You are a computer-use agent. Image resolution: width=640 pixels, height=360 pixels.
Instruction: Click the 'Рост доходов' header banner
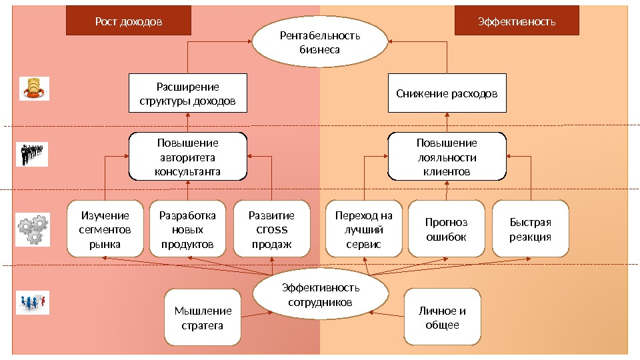pos(129,21)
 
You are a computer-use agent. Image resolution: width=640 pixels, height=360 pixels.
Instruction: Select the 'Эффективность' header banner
pos(517,21)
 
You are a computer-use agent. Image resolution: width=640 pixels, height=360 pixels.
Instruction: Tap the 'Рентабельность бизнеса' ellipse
pos(320,43)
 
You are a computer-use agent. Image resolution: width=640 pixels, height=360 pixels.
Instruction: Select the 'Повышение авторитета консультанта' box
pos(187,157)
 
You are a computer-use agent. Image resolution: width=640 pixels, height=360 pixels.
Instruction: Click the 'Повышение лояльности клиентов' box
pos(447,157)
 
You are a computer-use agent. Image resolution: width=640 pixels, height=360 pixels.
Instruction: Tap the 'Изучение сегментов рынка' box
pos(105,229)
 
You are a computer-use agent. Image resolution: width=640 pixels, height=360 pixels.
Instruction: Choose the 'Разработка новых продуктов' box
pos(187,229)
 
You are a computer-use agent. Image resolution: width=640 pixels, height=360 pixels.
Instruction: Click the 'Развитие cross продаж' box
pos(271,229)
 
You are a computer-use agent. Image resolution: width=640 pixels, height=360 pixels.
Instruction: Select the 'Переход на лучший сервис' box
pos(363,229)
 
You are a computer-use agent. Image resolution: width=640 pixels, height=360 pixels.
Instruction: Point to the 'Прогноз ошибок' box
pos(446,229)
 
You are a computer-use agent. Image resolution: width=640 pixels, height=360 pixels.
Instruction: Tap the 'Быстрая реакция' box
pos(530,229)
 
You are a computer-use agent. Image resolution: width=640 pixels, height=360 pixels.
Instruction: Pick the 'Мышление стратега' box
pos(203,318)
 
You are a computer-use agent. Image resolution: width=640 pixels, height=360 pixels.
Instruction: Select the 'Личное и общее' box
pos(442,318)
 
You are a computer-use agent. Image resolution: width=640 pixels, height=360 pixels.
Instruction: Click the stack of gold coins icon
pos(33,88)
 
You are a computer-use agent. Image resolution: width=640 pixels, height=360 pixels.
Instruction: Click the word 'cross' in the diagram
pos(271,229)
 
